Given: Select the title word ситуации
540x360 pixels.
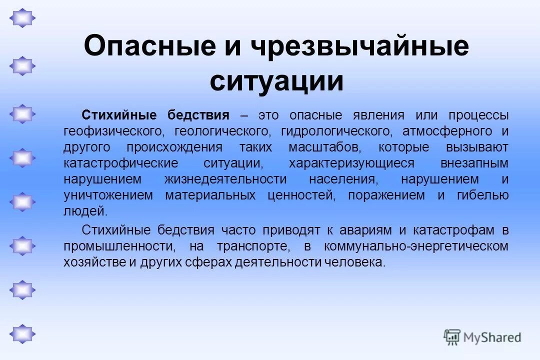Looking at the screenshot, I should [x=276, y=81].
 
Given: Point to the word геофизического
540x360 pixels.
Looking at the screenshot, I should [x=114, y=131].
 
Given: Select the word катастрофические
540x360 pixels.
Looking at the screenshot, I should [x=120, y=163].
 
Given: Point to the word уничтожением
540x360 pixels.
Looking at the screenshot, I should [x=108, y=195].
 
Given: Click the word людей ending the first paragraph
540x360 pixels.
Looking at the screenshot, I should [x=85, y=211].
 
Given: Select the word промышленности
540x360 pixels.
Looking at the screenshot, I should [x=119, y=246].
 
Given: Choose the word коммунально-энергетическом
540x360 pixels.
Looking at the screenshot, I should [x=416, y=246].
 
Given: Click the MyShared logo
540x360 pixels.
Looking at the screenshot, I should [x=482, y=337].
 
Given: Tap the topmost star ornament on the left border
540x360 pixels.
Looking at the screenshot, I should [x=22, y=18].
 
